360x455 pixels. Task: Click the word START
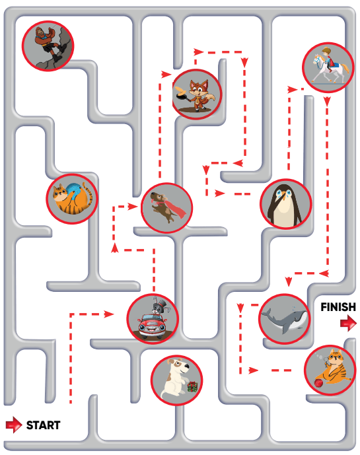coord(43,425)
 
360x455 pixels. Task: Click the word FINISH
coord(338,306)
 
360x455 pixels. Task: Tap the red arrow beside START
coord(14,425)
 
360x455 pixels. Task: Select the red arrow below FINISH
coord(348,323)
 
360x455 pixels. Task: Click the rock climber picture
coord(48,46)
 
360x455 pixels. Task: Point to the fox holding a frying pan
coord(197,94)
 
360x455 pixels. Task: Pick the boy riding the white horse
coord(328,67)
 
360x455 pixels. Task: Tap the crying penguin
coord(286,204)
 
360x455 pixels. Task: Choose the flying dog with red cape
coord(166,208)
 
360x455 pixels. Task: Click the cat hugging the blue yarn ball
coord(72,199)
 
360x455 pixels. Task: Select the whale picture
coord(285,318)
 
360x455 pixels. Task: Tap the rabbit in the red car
coord(153,318)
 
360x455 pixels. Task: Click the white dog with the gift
coord(176,380)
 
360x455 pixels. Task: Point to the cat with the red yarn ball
coord(330,370)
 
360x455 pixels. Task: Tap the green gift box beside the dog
coord(192,386)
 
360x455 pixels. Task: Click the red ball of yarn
coord(319,383)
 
